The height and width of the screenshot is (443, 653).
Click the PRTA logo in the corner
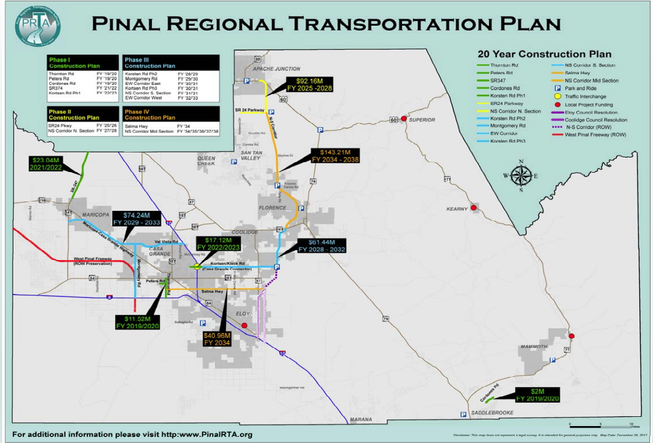tap(37, 27)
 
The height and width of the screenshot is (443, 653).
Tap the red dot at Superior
tap(403, 119)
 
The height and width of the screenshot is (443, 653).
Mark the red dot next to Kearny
tap(474, 208)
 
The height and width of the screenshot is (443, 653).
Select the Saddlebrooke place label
tap(491, 413)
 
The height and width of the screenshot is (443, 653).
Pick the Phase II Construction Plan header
tap(74, 114)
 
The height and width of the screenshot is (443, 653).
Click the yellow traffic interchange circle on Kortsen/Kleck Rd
tap(197, 267)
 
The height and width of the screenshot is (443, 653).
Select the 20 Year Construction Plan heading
tap(544, 54)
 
